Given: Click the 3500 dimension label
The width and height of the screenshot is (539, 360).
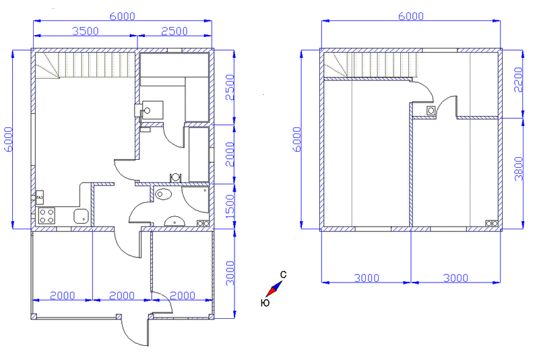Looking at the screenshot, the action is click(86, 31).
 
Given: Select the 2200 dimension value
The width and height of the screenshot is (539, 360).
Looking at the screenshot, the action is click(518, 80).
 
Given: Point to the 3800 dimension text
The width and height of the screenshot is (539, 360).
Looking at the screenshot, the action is click(518, 169).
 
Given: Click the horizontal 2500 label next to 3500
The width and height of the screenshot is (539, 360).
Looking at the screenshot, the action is click(175, 31).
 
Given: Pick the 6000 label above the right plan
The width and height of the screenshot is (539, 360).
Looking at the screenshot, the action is click(411, 16).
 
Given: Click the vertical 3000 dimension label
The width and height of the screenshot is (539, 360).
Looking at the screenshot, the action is click(230, 273).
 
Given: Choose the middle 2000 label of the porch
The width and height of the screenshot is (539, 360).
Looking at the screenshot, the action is click(122, 295).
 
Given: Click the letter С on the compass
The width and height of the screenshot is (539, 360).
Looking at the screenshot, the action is click(283, 274).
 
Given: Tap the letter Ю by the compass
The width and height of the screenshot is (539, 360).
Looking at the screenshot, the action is click(265, 303).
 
